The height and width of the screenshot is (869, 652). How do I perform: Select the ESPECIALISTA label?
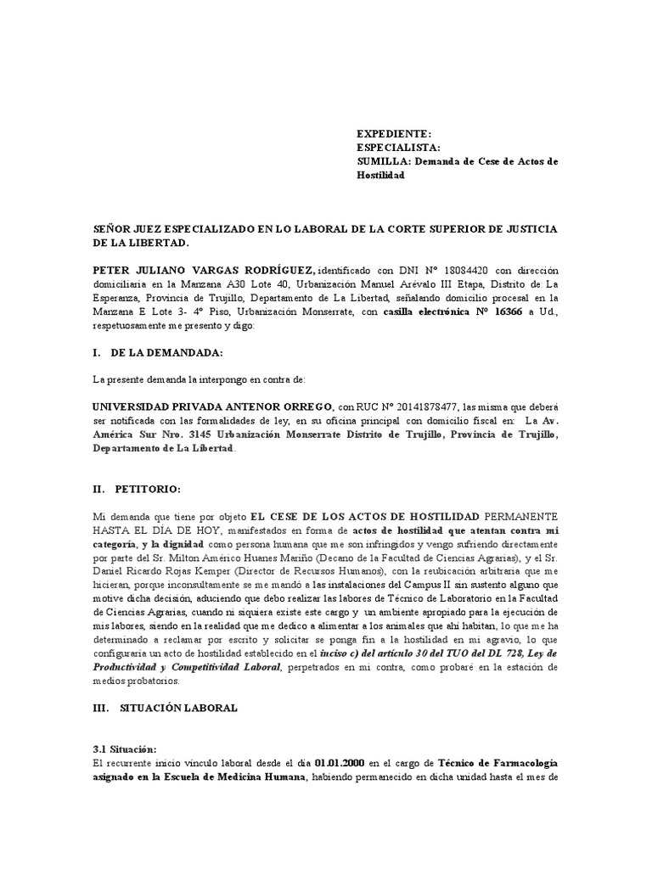(x=397, y=148)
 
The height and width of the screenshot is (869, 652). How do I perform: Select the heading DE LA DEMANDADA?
(x=163, y=352)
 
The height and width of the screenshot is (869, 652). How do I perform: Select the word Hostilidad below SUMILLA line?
(x=380, y=175)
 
